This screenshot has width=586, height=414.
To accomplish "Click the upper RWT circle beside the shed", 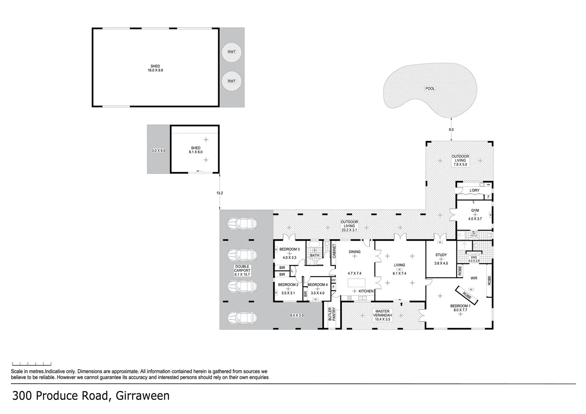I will [x=232, y=52].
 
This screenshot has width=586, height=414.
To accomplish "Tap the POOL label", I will [x=430, y=89].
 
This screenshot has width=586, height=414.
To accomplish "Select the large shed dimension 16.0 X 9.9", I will [x=155, y=71].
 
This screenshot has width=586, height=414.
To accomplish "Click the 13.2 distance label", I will [x=219, y=193].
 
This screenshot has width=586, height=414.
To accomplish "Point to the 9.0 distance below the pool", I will [x=451, y=130].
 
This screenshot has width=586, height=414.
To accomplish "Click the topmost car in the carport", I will [x=241, y=223].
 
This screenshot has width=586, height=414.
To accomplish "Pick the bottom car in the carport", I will [x=242, y=317].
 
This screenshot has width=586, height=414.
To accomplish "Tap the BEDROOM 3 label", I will [x=289, y=249].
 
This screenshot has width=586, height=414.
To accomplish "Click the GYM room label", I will [x=475, y=210].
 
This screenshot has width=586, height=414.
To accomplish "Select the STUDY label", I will [x=441, y=255].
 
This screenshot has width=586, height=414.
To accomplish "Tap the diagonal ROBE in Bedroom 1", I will [x=466, y=295].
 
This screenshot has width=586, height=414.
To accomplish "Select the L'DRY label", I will [x=474, y=191].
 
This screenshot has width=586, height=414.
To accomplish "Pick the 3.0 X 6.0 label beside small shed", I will [x=158, y=151].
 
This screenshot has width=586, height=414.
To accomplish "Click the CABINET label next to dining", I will [x=334, y=251].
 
